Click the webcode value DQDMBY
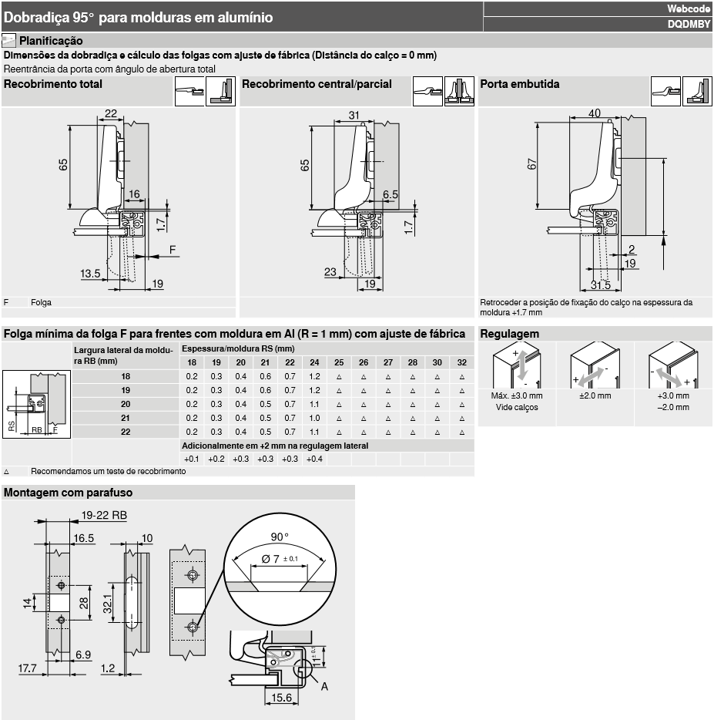[689, 25]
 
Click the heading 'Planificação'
[51, 41]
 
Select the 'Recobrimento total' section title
[53, 84]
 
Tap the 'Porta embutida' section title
[519, 84]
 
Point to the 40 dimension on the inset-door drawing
[595, 113]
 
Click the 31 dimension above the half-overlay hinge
[354, 116]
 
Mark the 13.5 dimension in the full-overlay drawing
[90, 274]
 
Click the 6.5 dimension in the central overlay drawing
[391, 195]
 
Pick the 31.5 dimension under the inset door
[601, 285]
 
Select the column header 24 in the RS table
[314, 363]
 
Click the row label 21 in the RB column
[126, 418]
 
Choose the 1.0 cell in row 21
[314, 418]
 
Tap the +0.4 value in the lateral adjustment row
[314, 459]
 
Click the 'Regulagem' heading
[509, 334]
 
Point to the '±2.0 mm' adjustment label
[595, 395]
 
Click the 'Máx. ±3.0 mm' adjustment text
[517, 395]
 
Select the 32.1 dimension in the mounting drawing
[107, 604]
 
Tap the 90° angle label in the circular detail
[280, 537]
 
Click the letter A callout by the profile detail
[324, 687]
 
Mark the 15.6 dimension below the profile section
[281, 698]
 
